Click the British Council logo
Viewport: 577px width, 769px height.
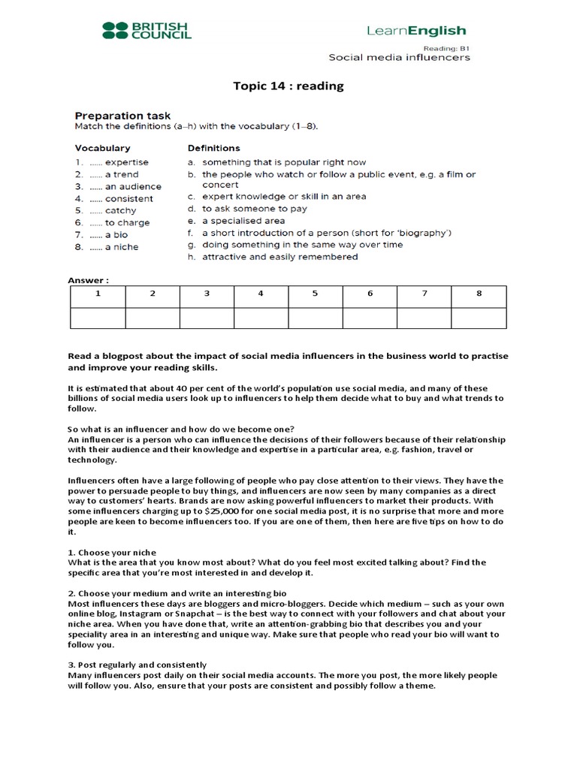coord(147,30)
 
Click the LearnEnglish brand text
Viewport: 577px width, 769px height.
coord(415,31)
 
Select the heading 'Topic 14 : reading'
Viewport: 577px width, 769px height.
coord(288,86)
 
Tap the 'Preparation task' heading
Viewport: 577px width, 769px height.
coord(122,116)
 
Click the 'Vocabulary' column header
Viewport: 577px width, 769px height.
coord(102,148)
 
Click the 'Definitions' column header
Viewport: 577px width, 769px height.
coord(214,148)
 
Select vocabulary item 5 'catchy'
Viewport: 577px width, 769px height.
coord(120,210)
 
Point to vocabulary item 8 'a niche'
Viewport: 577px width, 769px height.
coord(121,247)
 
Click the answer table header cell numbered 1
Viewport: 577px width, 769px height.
coord(98,294)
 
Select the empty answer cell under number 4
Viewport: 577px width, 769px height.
coord(261,318)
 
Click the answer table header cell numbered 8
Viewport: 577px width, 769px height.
coord(479,294)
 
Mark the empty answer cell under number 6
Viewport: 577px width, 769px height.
coord(370,318)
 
